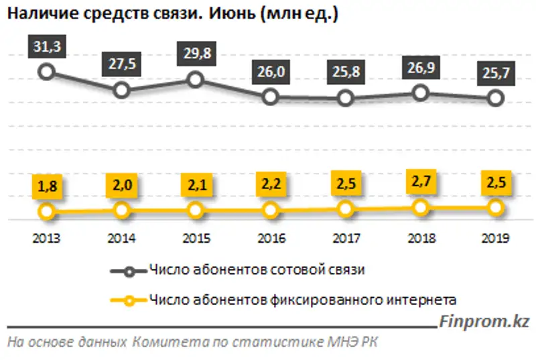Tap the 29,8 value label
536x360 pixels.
click(196, 55)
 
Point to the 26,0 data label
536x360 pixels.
click(271, 72)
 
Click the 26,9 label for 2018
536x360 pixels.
click(420, 68)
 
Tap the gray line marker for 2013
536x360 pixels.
click(46, 71)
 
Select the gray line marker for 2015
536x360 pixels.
click(196, 80)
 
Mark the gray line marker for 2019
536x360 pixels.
click(496, 98)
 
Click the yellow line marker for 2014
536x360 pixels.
click(121, 211)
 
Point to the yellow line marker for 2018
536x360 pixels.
click(420, 208)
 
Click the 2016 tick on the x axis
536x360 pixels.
click(271, 238)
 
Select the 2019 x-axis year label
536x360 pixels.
click(496, 238)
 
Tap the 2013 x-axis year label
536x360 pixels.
click(46, 238)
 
